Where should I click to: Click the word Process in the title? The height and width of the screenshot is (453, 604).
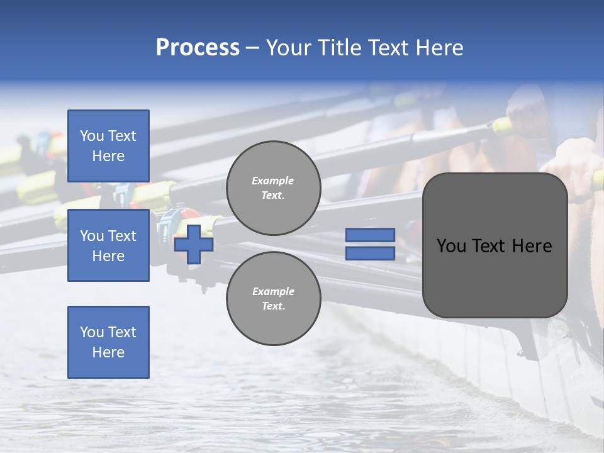(x=198, y=48)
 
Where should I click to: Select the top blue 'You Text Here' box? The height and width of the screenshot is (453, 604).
(x=108, y=146)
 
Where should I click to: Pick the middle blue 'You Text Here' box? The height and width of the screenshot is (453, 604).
(x=108, y=245)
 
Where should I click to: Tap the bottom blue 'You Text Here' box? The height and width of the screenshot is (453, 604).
(x=108, y=342)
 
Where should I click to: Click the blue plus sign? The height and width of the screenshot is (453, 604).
(x=194, y=244)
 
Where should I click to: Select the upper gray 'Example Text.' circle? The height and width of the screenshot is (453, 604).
(x=273, y=188)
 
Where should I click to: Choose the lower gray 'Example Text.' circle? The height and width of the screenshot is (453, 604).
(x=273, y=299)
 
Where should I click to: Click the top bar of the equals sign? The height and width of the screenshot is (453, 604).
(x=370, y=235)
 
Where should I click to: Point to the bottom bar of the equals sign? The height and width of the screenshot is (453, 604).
(x=370, y=254)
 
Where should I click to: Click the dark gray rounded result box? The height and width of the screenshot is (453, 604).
(x=495, y=277)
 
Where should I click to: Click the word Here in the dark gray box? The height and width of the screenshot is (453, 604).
(x=532, y=246)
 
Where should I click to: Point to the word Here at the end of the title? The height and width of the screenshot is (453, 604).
(x=441, y=48)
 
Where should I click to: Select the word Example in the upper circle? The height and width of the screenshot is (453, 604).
(x=273, y=181)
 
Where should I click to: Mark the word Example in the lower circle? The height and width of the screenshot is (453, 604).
(x=273, y=291)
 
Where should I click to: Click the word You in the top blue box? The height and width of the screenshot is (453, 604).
(x=91, y=136)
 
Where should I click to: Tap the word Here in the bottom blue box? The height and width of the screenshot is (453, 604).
(x=108, y=352)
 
